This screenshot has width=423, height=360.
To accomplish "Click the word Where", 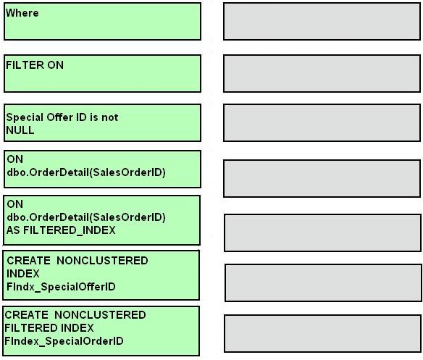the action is pos(22,13).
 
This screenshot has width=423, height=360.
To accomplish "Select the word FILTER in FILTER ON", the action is pos(25,65).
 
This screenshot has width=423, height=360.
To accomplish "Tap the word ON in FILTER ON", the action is pos(55,65).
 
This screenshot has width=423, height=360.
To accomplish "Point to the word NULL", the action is pos(20,130).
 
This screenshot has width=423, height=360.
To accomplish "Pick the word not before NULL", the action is pos(110,117).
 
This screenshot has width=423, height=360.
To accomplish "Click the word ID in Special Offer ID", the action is pos(81,117).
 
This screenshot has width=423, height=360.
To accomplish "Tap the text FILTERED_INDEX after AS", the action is pos(70,230).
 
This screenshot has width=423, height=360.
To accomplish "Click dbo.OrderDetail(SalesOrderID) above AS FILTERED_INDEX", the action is pos(86,217).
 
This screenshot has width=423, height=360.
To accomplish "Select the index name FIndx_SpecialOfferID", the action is pos(61,287).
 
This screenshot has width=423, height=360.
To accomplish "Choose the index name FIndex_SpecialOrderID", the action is pos(64,341).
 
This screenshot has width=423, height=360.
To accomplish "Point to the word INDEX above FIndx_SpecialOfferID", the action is pos(23,274).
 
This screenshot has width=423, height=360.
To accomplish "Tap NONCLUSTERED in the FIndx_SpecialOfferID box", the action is pos(102,261).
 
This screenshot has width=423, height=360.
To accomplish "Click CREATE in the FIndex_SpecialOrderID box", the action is pos(26,315).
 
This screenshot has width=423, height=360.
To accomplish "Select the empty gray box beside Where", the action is pos(322,22).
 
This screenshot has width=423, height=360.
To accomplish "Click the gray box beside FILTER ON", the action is pos(322,74).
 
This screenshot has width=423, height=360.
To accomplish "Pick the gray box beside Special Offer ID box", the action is pos(322,123).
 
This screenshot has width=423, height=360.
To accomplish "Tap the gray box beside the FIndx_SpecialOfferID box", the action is pos(323,282).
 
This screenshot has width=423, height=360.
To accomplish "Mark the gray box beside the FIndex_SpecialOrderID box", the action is pos(322,333).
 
